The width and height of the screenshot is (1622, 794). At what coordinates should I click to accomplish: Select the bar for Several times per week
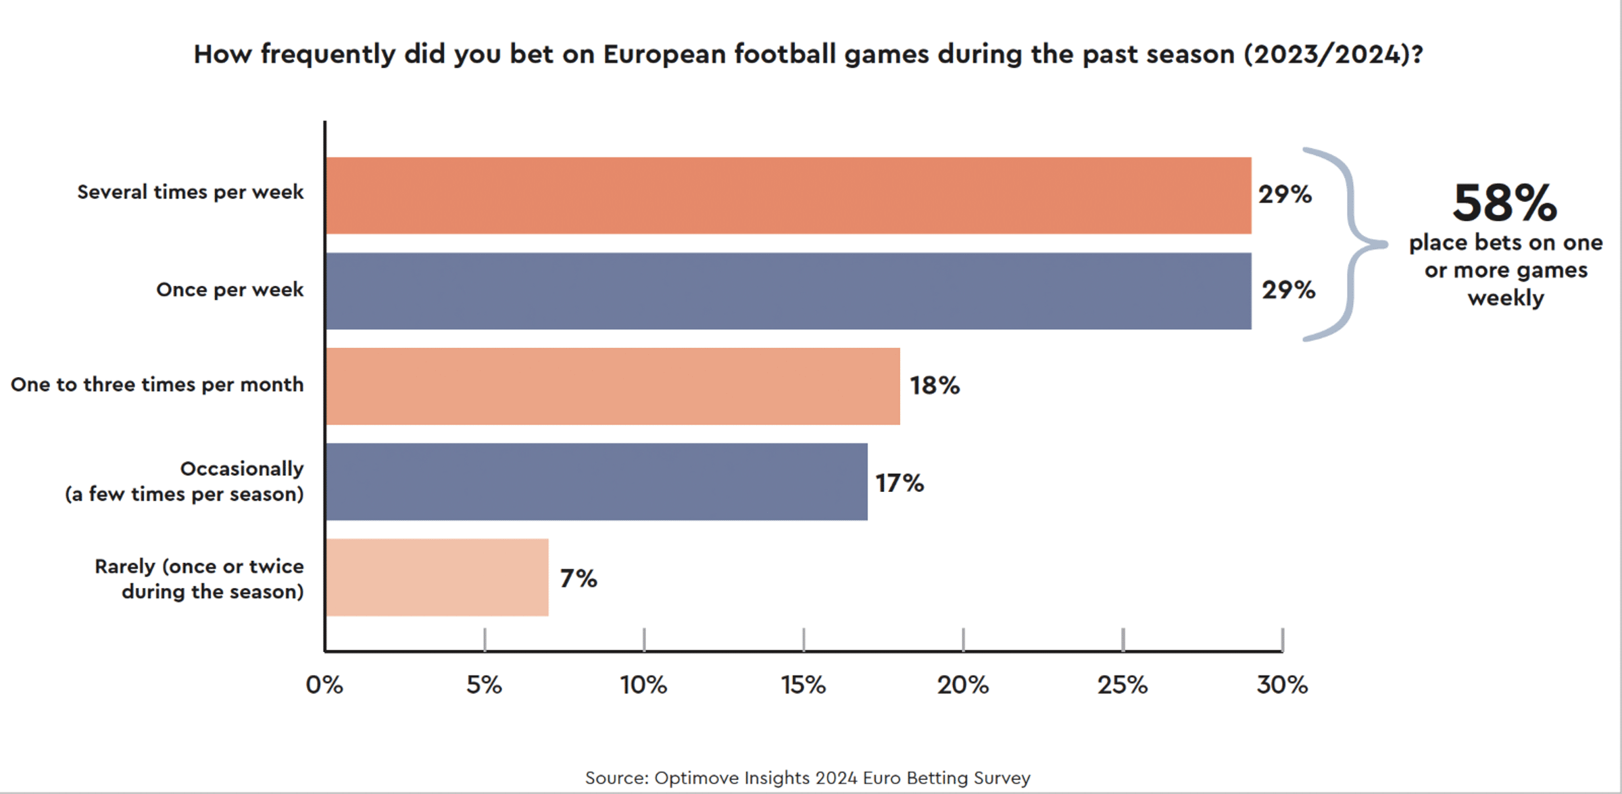(788, 196)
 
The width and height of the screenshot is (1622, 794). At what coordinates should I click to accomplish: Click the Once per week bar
(788, 291)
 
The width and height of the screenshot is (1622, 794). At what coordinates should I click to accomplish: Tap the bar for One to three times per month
(612, 387)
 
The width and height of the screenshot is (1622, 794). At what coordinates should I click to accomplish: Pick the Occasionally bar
(596, 482)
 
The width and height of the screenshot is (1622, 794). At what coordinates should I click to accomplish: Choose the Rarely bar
(437, 577)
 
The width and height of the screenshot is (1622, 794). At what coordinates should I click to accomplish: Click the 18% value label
(934, 386)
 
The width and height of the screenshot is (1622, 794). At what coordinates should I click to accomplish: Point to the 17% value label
(899, 483)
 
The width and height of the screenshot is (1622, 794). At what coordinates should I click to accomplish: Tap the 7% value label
(578, 578)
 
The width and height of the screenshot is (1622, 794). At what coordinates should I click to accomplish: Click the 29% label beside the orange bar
(1284, 195)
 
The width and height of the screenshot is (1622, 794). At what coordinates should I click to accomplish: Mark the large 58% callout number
(1504, 203)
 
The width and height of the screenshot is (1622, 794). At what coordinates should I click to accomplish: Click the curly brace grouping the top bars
(1345, 244)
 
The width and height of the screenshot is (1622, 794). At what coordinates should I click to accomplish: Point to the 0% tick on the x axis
(324, 685)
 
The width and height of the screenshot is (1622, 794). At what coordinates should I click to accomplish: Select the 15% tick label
(803, 685)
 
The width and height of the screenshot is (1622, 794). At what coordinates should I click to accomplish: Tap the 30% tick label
(1281, 685)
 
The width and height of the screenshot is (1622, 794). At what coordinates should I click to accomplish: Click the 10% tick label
(643, 685)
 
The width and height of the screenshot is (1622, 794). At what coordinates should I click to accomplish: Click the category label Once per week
(230, 290)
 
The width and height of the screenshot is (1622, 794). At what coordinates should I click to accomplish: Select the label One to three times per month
(157, 384)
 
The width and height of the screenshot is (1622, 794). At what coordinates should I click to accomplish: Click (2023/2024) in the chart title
(1333, 54)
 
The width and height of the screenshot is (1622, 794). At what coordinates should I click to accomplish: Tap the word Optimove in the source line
(696, 778)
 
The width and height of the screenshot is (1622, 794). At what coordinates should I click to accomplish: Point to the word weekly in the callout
(1506, 298)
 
